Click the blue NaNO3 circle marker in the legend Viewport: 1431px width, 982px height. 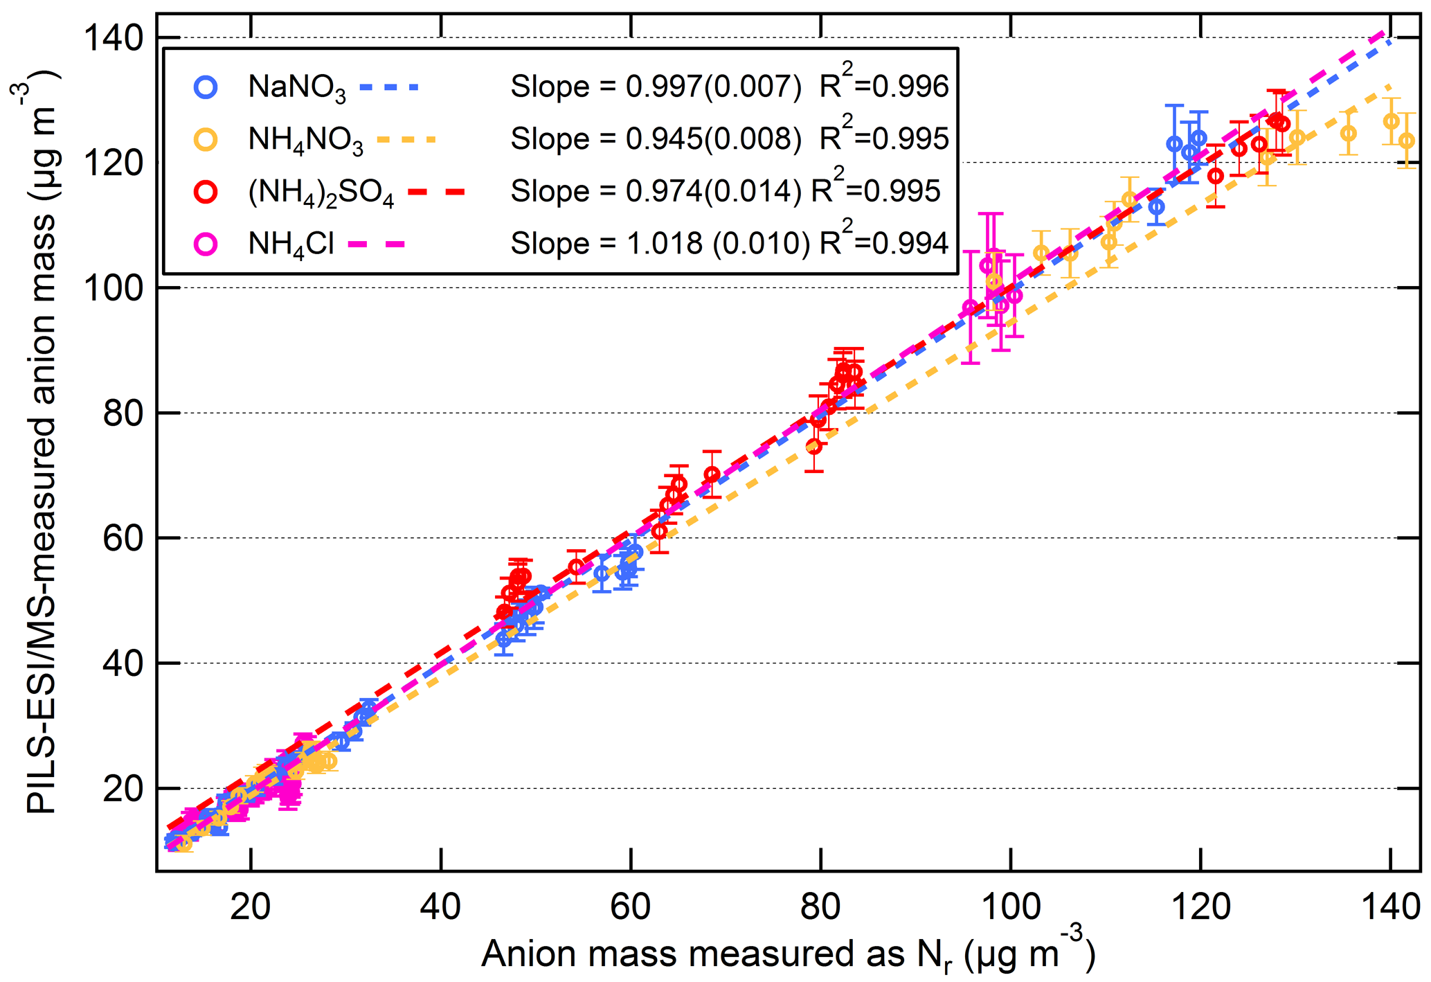206,87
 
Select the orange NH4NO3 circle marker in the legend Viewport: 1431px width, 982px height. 206,139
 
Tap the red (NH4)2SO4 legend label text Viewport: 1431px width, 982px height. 321,193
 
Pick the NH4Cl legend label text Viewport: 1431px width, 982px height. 291,244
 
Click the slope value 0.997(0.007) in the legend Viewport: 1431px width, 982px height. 713,87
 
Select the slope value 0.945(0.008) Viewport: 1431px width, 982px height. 713,139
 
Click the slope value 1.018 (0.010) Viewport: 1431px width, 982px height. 717,244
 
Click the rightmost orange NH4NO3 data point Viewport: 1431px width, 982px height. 1406,141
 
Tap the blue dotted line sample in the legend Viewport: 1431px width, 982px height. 389,87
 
